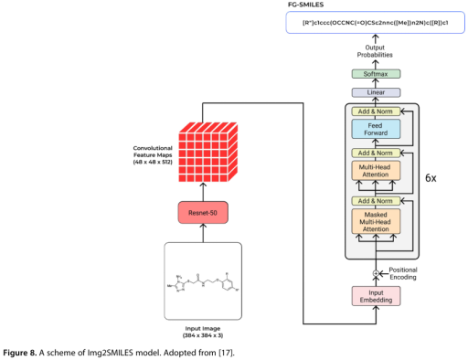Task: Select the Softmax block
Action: pos(377,73)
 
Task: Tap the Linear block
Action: pos(377,92)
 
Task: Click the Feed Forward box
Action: pos(377,130)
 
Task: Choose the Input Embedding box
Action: pos(377,296)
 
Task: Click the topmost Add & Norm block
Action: pos(377,111)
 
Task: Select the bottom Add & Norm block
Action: pos(377,199)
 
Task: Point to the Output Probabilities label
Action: pos(377,52)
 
